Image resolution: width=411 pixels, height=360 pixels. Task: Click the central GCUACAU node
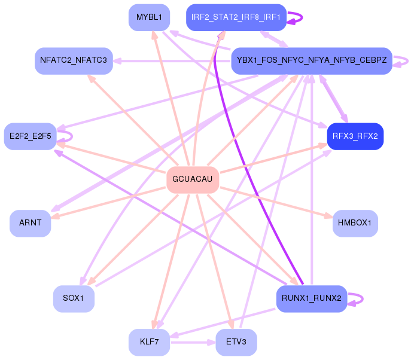pos(192,179)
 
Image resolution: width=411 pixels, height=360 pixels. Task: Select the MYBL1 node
pos(149,17)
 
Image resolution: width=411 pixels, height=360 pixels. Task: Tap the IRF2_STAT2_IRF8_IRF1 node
pos(236,17)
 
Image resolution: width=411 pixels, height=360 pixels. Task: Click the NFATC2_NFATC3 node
pos(74,60)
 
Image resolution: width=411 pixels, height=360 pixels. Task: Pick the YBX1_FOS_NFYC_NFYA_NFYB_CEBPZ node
pos(311,60)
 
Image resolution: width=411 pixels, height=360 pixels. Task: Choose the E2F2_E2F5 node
pos(30,136)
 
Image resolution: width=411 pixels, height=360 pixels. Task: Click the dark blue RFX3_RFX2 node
pos(355,136)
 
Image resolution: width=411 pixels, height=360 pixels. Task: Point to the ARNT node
pos(30,223)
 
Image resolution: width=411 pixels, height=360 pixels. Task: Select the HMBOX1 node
pos(355,223)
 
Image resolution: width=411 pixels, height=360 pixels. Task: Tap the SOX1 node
pos(74,298)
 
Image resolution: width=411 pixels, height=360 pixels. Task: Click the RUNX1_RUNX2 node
pos(311,298)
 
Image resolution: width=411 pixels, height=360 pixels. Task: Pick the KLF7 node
pos(149,343)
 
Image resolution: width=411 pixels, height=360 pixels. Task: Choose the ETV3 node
pos(236,343)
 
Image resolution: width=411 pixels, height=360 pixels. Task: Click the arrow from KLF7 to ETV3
pos(193,343)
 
